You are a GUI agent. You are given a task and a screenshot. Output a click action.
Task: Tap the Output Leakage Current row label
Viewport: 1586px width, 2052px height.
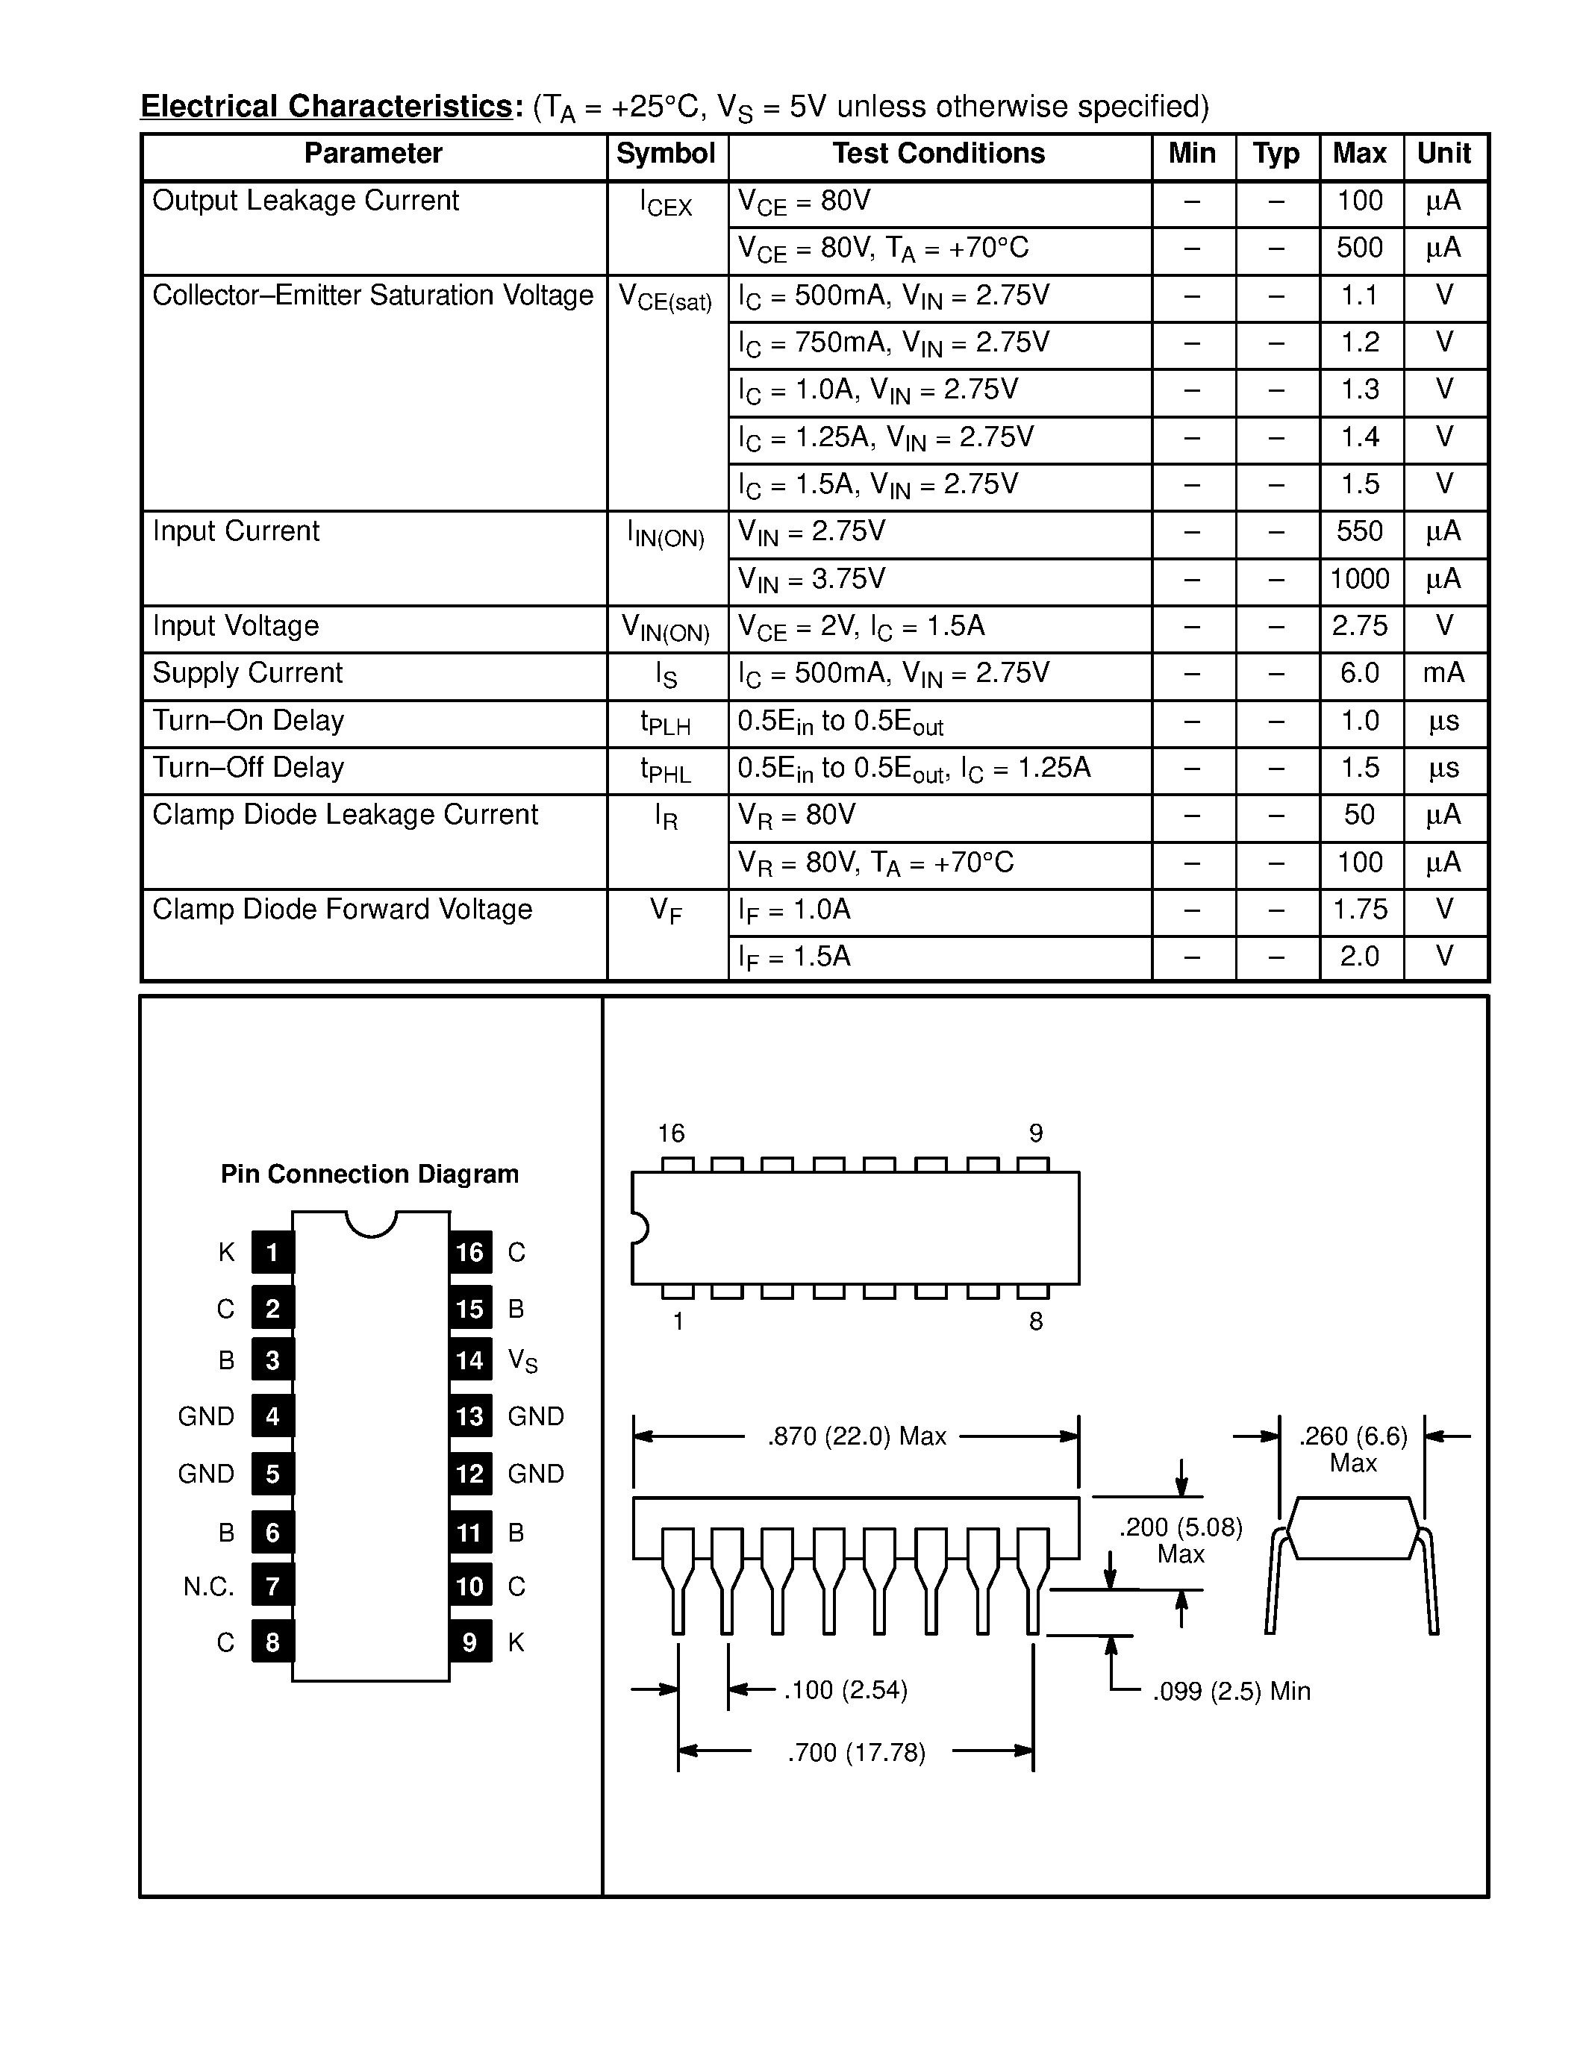305,201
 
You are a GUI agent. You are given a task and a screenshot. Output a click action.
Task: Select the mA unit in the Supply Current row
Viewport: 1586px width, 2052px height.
1443,673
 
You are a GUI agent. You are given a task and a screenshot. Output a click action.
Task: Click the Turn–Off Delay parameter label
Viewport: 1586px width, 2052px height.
248,768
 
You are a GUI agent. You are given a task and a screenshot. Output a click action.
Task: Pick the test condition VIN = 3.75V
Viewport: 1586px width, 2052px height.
811,580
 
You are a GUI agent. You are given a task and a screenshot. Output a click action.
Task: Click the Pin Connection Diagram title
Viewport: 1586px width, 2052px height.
369,1174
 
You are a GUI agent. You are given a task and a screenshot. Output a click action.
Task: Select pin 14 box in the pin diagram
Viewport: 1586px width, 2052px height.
469,1360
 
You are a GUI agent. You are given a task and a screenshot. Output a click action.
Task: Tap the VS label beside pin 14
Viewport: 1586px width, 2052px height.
522,1360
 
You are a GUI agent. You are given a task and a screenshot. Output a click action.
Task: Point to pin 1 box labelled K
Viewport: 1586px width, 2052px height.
272,1251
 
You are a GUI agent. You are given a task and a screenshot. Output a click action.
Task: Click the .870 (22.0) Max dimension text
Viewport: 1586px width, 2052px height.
856,1436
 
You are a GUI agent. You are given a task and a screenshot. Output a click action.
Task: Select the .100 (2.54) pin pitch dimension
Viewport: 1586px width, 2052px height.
845,1690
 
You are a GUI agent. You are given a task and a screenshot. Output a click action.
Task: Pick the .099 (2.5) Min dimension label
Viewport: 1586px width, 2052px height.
1231,1691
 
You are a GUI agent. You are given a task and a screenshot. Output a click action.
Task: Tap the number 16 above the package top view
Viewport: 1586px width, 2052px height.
671,1133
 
